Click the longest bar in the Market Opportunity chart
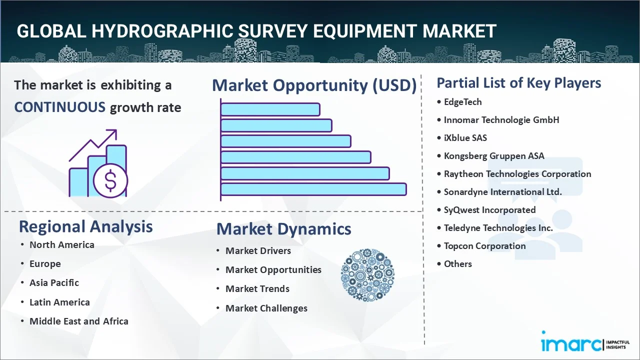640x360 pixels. [313, 189]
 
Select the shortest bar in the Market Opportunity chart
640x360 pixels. [270, 109]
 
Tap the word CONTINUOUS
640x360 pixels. [59, 107]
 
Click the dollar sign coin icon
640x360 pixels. [110, 180]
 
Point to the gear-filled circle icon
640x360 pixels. [367, 275]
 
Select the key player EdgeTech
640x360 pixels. [462, 102]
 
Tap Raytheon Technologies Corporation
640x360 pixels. [517, 174]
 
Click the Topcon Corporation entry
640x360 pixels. [484, 246]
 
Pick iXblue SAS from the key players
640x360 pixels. [465, 138]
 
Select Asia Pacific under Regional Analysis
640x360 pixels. [54, 283]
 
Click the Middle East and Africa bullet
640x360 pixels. [78, 321]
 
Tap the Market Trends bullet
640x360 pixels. [257, 289]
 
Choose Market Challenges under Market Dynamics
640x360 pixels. [266, 308]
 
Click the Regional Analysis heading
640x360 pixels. [85, 226]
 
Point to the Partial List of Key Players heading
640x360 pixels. [518, 83]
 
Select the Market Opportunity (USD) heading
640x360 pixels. [314, 85]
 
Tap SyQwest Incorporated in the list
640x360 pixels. [489, 210]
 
